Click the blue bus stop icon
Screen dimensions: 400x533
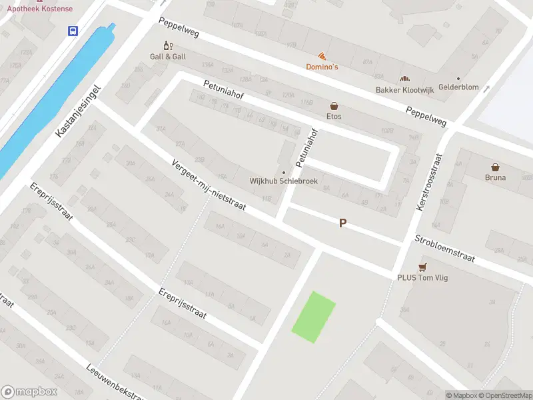click(72, 31)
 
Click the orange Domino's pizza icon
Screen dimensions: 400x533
click(322, 57)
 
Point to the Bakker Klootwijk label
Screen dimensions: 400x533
click(404, 89)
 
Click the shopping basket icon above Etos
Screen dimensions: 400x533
click(334, 106)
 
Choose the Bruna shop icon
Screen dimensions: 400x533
click(495, 167)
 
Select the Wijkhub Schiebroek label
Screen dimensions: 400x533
click(283, 181)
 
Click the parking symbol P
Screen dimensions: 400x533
click(342, 223)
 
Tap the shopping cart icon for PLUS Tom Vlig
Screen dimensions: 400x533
click(422, 267)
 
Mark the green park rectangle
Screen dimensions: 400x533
click(314, 317)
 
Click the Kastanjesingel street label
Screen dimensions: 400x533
click(78, 111)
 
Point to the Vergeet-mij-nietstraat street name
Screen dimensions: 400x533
click(209, 186)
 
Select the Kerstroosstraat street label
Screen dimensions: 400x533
click(429, 181)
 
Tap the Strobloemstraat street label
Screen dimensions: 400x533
click(444, 248)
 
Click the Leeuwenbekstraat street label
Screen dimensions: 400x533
click(115, 382)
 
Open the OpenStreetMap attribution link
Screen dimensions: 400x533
click(504, 395)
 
